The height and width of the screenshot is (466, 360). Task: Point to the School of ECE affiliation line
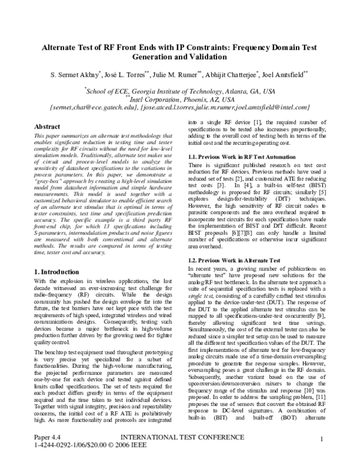[x=181, y=91]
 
